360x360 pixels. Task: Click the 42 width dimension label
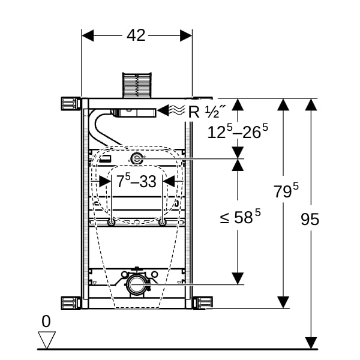(136, 35)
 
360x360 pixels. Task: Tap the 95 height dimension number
(310, 219)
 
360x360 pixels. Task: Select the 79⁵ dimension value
(286, 190)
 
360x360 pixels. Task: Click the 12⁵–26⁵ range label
(238, 131)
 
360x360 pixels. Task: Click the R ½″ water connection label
(207, 112)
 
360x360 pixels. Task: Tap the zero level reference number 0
(46, 322)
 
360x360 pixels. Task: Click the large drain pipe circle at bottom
(137, 284)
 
